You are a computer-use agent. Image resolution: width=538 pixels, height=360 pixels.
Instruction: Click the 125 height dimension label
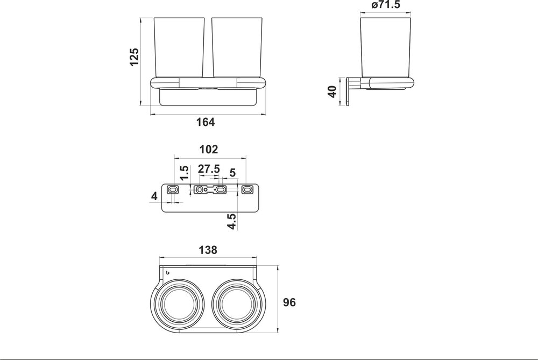point(134,57)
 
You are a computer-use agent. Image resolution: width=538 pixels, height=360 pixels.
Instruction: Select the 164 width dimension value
point(205,122)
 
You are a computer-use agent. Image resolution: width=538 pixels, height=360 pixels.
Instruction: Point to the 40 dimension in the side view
point(332,91)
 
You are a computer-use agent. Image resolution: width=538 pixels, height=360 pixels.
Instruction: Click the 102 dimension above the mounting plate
point(208,150)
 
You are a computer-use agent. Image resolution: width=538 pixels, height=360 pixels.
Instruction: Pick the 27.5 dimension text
point(209,168)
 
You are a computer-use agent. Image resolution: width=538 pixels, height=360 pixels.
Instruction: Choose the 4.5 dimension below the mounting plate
point(231,221)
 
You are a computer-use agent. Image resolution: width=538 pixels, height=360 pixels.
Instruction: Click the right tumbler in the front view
point(236,48)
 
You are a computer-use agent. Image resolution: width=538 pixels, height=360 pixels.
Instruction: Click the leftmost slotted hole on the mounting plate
point(173,189)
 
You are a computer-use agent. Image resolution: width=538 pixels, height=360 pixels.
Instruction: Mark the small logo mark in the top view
point(168,273)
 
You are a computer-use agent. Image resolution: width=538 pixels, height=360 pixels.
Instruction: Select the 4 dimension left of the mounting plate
point(154,196)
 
